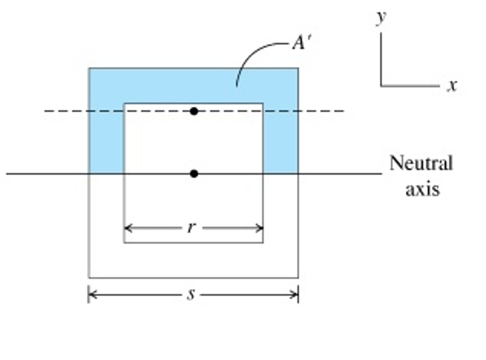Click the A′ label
coord(301,44)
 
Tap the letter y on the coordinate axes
coord(381,18)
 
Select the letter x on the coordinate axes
coord(451,86)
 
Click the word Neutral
coord(421,164)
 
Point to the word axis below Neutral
coord(422,189)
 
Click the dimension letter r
coord(191,228)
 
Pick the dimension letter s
coord(191,295)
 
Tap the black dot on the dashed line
coord(194,111)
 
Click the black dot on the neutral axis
coord(194,174)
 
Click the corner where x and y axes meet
coord(381,86)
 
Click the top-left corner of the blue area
coord(89,68)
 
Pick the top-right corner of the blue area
coord(298,68)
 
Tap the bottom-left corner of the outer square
coord(89,277)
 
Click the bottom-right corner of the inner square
coord(263,242)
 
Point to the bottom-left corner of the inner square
coord(124,242)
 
